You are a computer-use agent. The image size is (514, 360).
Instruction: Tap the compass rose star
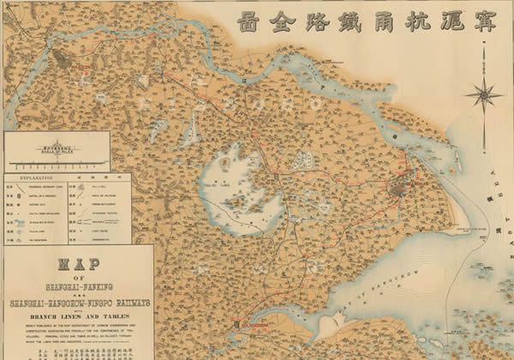(x=485, y=94)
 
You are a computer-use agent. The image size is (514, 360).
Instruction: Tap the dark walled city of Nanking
(x=62, y=61)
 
